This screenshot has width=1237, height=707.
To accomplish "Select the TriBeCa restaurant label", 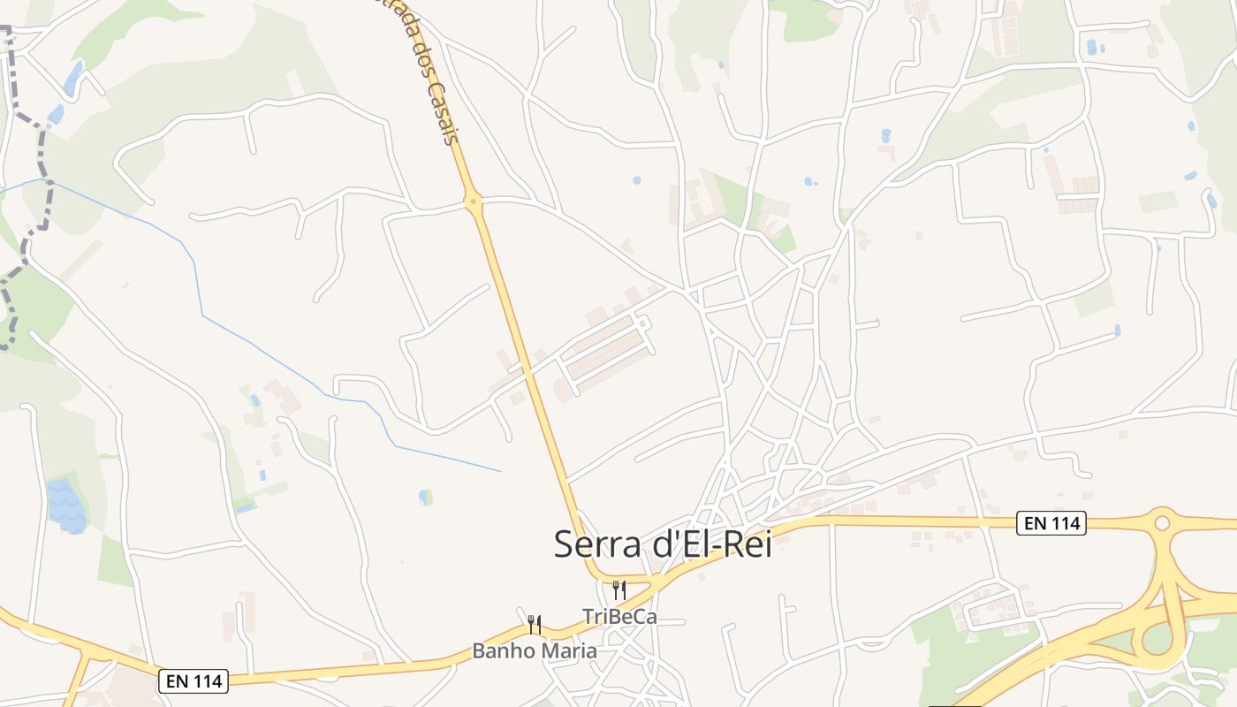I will tap(619, 617).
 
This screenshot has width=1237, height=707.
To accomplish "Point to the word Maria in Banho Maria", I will tap(568, 651).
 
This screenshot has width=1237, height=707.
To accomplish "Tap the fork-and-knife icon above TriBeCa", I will tap(619, 589).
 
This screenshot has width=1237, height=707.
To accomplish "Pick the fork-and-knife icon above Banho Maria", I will tap(534, 625).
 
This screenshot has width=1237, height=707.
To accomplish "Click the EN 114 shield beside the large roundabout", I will tap(1051, 523).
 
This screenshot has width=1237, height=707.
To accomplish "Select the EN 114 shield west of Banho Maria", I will tap(194, 680).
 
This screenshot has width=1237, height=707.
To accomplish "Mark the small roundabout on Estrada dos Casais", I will tap(474, 202).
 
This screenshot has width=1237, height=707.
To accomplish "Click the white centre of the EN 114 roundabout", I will tap(1162, 523).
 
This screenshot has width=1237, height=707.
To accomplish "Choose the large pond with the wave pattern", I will tap(67, 506).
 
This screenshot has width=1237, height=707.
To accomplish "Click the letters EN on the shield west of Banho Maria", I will tap(176, 680).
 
